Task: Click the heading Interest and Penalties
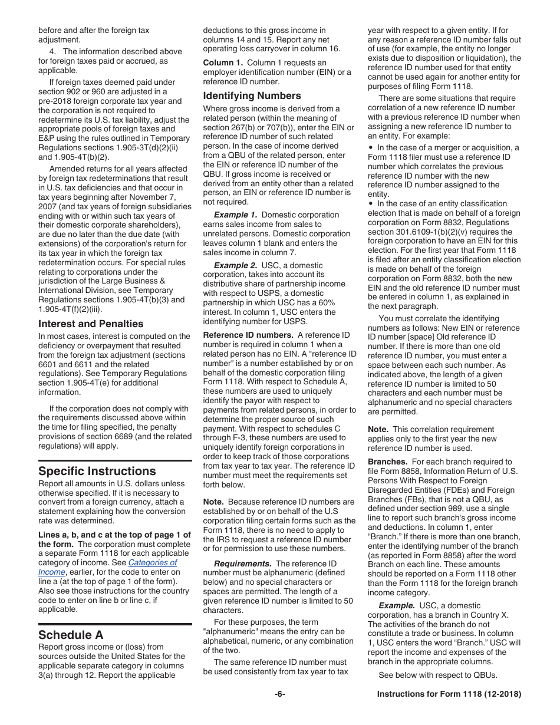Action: point(91,324)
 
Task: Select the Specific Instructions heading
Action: point(97,471)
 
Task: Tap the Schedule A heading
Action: point(71,635)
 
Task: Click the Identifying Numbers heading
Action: point(252,95)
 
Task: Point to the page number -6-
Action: point(279,694)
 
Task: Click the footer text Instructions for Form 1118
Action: point(449,694)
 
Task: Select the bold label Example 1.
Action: point(235,215)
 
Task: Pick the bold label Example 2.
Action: point(235,266)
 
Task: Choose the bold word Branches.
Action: point(387,462)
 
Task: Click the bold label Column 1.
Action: point(223,63)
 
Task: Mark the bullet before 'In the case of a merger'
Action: point(371,148)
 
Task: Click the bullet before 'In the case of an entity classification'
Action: point(371,204)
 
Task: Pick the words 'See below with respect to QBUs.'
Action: point(438,675)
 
